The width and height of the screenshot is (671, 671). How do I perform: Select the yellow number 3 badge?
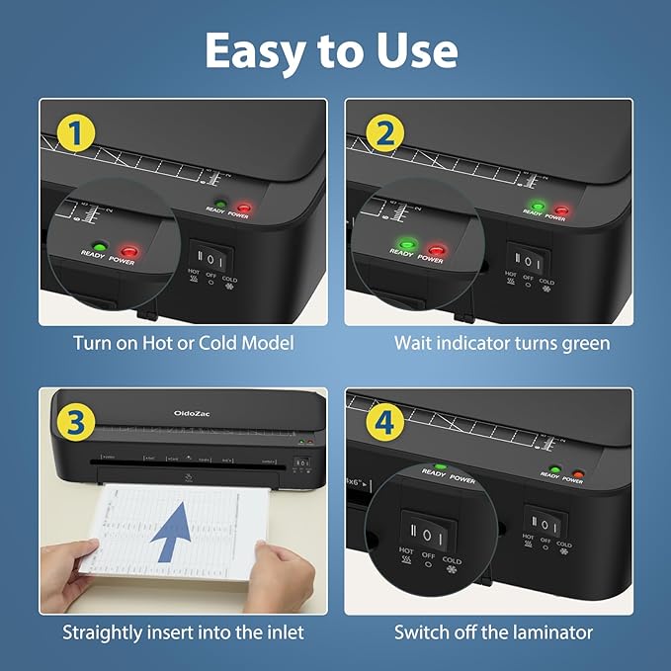pyautogui.click(x=75, y=422)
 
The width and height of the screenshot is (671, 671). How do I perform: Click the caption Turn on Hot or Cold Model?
pyautogui.click(x=183, y=343)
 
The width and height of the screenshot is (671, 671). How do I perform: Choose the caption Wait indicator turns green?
pyautogui.click(x=502, y=343)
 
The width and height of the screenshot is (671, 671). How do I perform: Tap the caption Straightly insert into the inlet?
pyautogui.click(x=183, y=631)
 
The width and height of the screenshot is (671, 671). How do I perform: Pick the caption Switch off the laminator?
pyautogui.click(x=494, y=631)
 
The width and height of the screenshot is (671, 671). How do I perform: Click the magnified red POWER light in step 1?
pyautogui.click(x=128, y=250)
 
